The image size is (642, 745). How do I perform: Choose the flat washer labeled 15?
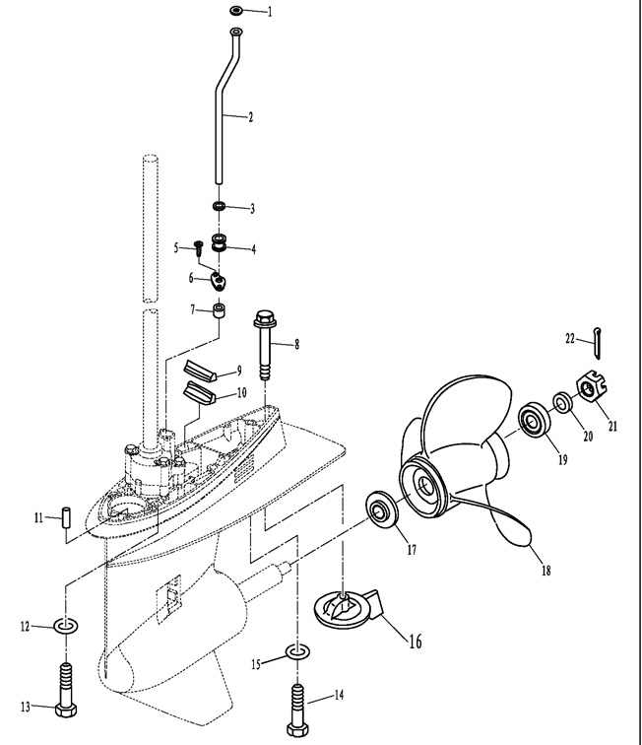point(295,651)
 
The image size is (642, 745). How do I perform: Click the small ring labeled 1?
point(237,11)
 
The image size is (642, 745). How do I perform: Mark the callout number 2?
point(250,117)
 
